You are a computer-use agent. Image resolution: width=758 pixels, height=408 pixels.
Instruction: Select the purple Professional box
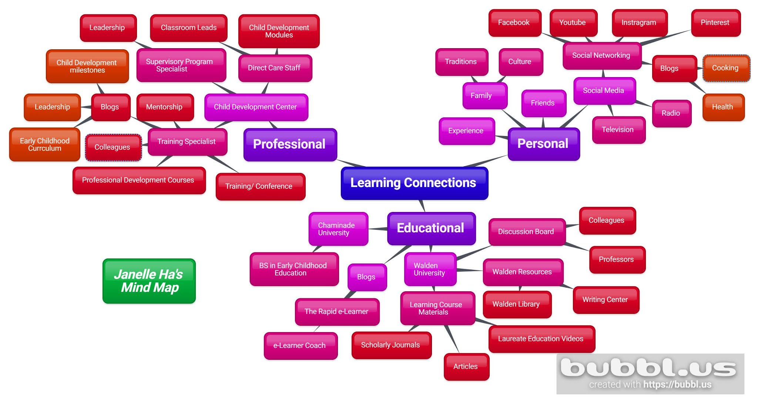coord(290,145)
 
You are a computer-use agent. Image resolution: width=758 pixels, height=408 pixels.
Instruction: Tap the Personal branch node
coord(543,144)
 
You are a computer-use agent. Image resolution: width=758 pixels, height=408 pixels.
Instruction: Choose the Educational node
coord(431,228)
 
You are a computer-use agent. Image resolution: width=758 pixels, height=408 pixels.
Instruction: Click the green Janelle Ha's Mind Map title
coord(149,281)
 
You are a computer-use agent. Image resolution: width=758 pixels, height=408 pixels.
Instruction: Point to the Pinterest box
coord(715,23)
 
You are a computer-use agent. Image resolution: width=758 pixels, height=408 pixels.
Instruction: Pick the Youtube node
coord(573,23)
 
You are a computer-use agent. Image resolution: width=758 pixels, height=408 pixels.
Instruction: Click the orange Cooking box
coord(725,68)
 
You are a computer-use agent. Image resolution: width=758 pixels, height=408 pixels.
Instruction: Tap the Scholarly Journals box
coord(391,345)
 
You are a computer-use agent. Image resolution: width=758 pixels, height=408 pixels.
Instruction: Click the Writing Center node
coord(606,300)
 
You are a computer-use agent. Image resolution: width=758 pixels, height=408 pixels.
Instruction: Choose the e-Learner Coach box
coord(300,345)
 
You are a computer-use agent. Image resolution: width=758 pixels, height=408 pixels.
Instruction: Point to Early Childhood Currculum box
coord(45,145)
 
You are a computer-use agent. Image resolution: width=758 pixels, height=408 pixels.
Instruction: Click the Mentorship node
coord(164,107)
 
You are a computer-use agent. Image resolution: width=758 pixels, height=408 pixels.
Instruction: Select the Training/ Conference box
coord(260,186)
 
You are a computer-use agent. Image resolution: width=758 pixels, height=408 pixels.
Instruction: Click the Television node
coord(618,130)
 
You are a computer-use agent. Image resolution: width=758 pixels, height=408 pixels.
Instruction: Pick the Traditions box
coord(461,62)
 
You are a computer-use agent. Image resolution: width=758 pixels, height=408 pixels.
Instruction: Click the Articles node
coord(466,366)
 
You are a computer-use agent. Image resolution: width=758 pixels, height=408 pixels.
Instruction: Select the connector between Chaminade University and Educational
coord(378,229)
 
